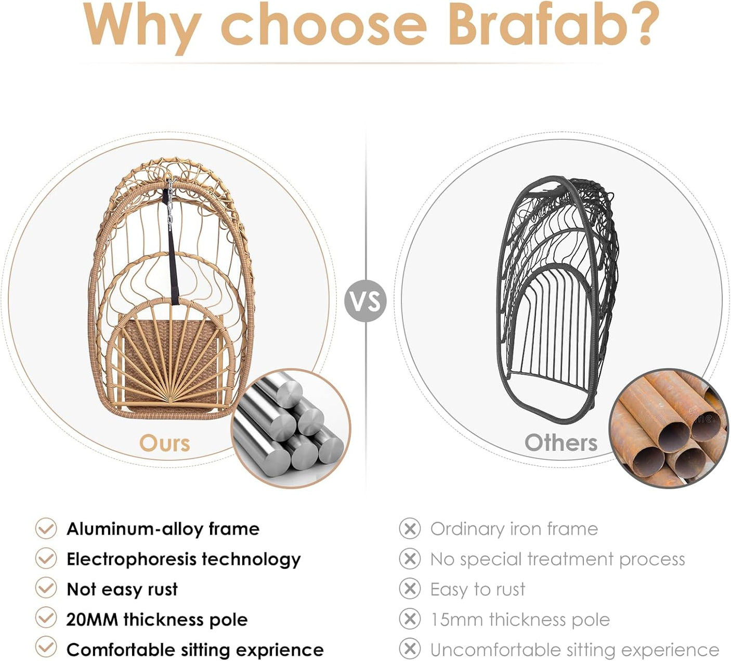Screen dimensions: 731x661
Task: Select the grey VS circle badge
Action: (365, 301)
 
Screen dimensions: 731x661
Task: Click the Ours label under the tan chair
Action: (165, 444)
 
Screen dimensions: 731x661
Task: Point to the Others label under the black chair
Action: (561, 443)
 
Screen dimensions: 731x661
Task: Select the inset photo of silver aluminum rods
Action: (291, 429)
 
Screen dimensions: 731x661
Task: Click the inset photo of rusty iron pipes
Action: (669, 429)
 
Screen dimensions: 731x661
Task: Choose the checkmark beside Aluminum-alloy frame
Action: (46, 528)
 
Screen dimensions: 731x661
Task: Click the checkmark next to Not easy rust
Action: (46, 588)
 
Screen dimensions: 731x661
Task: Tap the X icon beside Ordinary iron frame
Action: (410, 528)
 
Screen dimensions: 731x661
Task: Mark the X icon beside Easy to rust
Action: (410, 588)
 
